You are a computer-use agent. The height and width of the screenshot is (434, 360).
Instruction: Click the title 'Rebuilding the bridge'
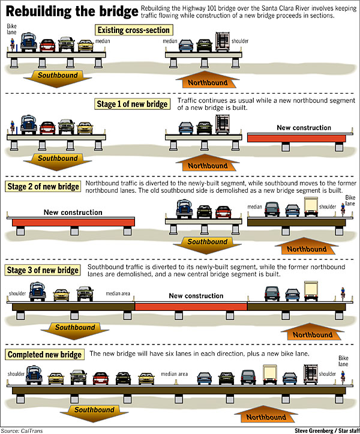click(72, 11)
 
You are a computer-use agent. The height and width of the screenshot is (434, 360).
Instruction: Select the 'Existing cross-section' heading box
click(134, 30)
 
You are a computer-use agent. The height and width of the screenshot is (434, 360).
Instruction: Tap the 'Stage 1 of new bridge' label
click(132, 104)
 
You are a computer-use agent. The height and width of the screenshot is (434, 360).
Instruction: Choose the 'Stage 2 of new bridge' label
click(43, 187)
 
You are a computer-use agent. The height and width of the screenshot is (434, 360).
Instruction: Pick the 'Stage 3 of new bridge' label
click(43, 270)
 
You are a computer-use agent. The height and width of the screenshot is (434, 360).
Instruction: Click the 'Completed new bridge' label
click(44, 355)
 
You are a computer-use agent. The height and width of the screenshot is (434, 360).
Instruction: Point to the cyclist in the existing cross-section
click(12, 45)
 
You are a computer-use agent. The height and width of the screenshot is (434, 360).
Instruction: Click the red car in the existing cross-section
click(47, 46)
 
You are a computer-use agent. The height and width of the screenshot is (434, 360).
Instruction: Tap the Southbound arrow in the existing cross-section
click(58, 79)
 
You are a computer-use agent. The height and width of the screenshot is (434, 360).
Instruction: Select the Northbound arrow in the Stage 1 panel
click(208, 163)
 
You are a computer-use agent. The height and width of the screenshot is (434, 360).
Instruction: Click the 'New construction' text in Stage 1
click(304, 128)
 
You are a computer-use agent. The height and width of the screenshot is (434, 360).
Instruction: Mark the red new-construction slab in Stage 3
click(191, 306)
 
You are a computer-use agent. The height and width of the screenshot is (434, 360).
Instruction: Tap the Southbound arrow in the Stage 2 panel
click(207, 245)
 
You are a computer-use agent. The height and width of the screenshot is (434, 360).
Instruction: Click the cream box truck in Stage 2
click(311, 206)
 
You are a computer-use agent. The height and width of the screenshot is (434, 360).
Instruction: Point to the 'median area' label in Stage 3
click(118, 294)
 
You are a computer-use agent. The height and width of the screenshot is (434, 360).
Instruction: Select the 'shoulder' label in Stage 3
click(17, 294)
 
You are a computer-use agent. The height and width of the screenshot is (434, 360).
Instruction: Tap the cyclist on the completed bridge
click(343, 378)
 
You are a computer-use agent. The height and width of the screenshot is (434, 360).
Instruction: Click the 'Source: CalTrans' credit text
click(22, 430)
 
